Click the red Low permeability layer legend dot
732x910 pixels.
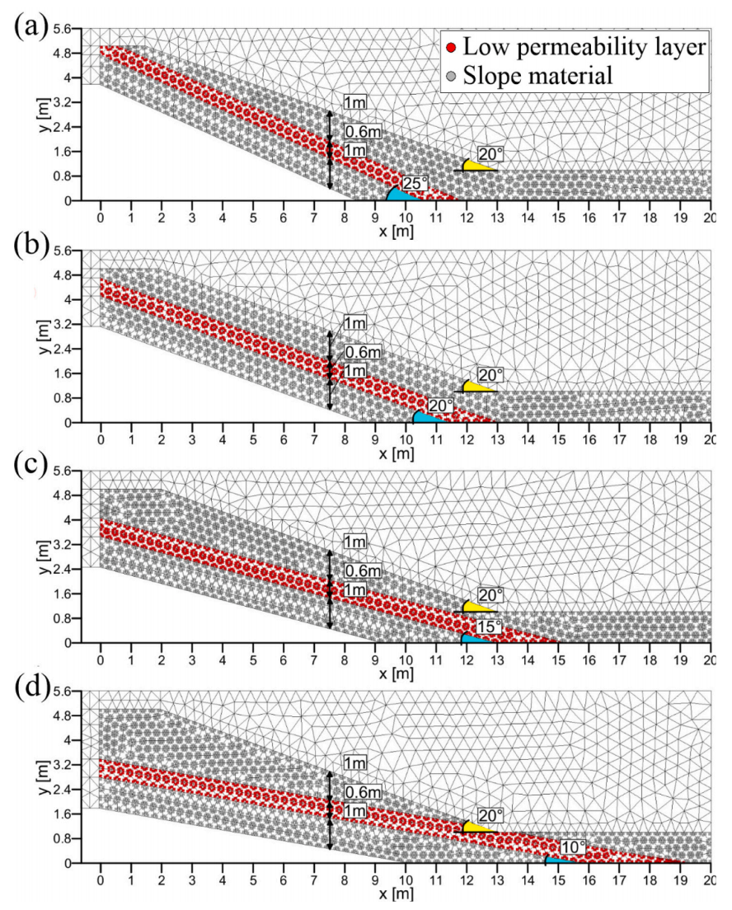[450, 49]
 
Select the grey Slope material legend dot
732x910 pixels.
[450, 77]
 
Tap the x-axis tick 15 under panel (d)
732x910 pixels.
[558, 879]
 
